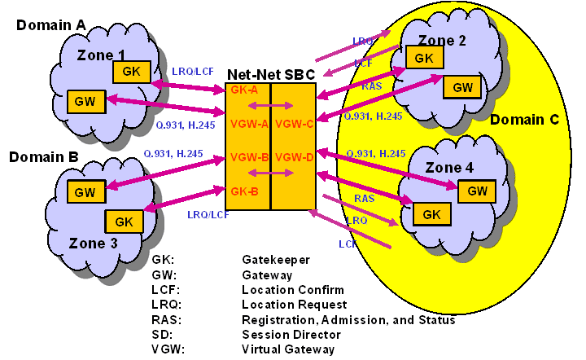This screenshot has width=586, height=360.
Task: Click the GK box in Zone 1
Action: click(132, 71)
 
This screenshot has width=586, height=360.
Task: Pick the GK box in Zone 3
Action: click(124, 221)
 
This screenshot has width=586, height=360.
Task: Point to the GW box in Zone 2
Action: click(462, 87)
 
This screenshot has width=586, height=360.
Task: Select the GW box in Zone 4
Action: click(477, 191)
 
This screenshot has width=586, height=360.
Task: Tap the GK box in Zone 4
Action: click(431, 214)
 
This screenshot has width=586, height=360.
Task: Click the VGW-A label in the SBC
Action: click(249, 123)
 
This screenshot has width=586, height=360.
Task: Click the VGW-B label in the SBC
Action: click(249, 157)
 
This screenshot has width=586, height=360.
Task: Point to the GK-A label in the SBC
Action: click(244, 90)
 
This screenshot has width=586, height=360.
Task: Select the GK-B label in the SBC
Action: click(244, 192)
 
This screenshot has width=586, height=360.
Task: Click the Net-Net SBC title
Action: click(270, 73)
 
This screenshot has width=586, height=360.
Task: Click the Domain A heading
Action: click(50, 25)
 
